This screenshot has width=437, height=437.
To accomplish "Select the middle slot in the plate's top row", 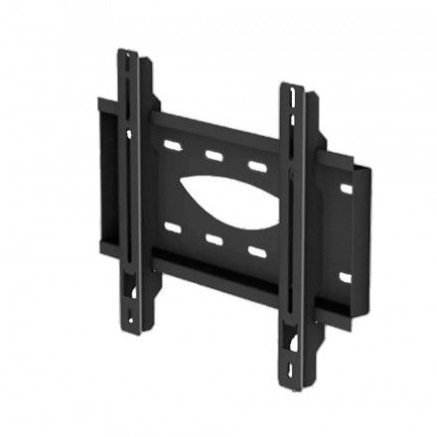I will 213,156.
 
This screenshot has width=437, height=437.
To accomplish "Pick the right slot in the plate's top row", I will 255,164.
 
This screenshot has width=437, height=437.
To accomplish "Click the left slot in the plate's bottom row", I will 172,229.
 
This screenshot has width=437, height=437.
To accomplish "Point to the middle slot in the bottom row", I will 213,237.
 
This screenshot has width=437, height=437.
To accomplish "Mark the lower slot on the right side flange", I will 346,275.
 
